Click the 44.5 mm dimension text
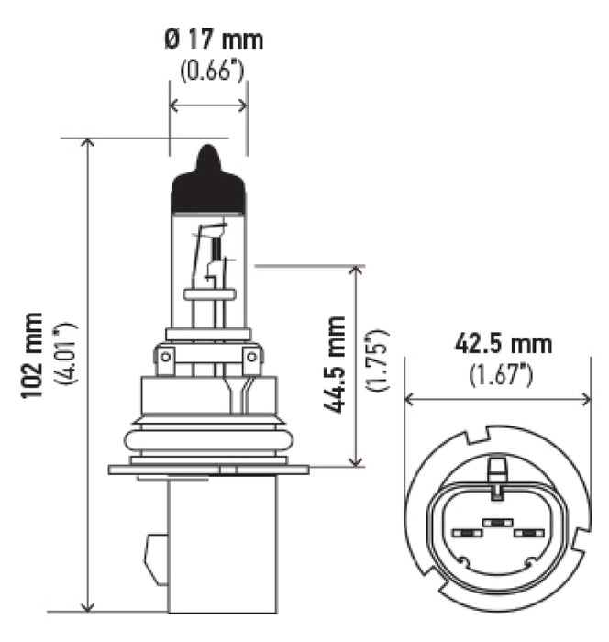click(336, 365)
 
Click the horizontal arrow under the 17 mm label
click(208, 106)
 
